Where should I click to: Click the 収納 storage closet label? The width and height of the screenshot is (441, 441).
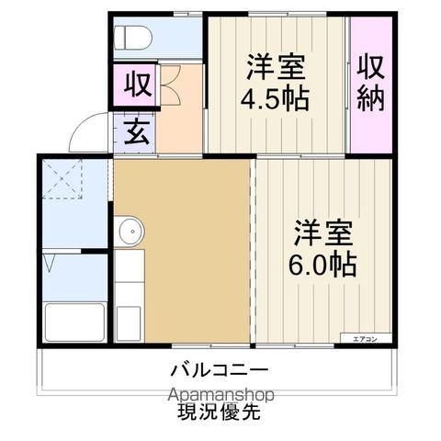click(x=370, y=82)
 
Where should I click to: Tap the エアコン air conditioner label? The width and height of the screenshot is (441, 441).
click(x=365, y=339)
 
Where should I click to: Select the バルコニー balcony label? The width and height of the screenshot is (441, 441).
click(x=219, y=372)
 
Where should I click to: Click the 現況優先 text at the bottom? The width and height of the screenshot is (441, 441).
click(x=218, y=413)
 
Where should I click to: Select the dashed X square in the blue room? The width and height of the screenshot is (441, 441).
click(x=62, y=179)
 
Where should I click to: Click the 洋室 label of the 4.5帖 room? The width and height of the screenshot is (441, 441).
click(x=275, y=67)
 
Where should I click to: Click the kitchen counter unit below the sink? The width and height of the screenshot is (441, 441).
click(x=128, y=294)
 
